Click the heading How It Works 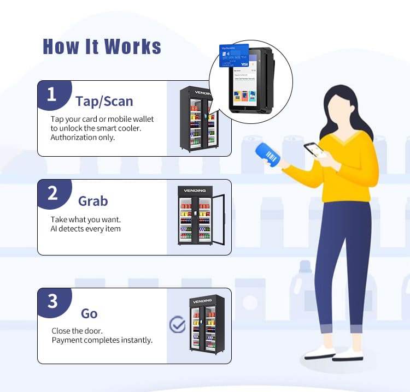[x=102, y=46]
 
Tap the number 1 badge [x=52, y=95]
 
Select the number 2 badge [x=52, y=194]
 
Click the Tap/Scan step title [x=104, y=101]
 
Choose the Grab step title [x=93, y=201]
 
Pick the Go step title [x=89, y=313]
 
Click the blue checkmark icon [x=177, y=325]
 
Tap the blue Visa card [x=234, y=55]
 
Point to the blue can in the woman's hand [x=268, y=153]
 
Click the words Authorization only [x=83, y=137]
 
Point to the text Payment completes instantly [x=102, y=340]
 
